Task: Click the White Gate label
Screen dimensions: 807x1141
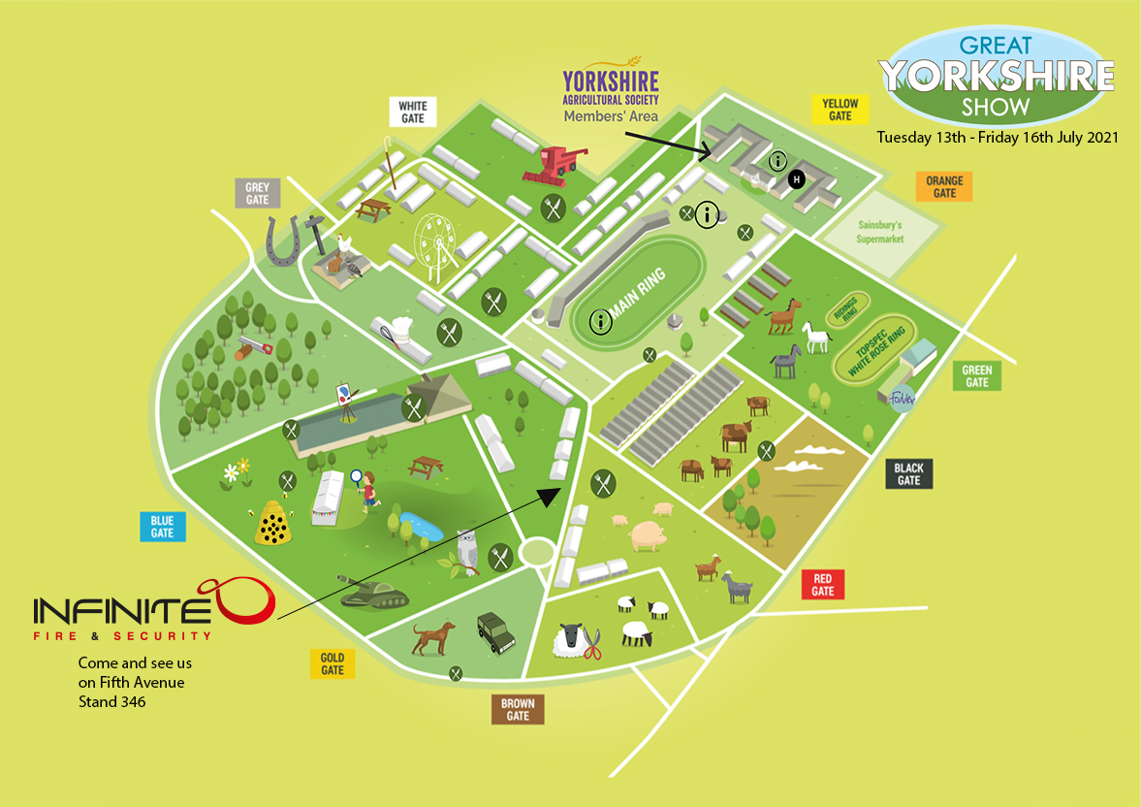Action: pos(412,112)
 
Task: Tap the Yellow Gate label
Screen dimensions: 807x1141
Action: pos(840,110)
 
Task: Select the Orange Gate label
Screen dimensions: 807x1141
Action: pos(943,186)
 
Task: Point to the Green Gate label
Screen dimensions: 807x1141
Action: pos(976,375)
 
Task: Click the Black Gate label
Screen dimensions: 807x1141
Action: pos(908,474)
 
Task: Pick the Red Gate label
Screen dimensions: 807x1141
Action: pos(822,585)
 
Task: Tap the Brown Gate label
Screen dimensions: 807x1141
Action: pos(518,709)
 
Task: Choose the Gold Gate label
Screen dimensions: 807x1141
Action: pos(333,663)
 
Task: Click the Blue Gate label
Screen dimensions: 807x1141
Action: pos(162,527)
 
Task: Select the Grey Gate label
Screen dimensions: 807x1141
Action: pos(257,193)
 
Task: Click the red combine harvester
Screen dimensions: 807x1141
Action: pos(549,164)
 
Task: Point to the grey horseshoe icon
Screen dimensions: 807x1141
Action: pos(282,242)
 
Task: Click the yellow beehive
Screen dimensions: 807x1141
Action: pos(272,525)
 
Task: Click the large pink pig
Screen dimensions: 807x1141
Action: pos(648,533)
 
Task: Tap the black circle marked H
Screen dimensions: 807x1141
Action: pos(796,179)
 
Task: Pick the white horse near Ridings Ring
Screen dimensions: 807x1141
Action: pos(818,338)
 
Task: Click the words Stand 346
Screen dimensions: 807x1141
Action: pos(112,700)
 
